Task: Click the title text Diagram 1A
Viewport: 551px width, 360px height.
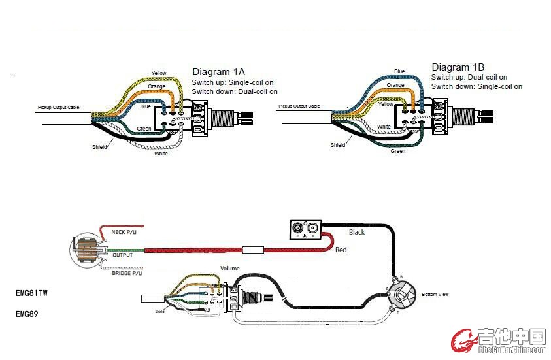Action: coord(218,71)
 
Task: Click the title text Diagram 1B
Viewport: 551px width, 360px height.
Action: coord(458,67)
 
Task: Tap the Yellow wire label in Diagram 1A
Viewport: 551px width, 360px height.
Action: coord(159,73)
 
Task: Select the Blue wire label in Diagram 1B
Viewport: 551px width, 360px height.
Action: coord(399,71)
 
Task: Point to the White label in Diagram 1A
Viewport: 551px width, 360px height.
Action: coord(161,154)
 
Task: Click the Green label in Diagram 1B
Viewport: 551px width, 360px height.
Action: coord(397,151)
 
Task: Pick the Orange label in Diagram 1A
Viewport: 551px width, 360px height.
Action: coord(157,86)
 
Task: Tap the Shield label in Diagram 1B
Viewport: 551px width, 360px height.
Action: coord(338,145)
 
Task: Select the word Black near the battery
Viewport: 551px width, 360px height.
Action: coord(357,232)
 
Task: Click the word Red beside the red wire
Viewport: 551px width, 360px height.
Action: coord(341,250)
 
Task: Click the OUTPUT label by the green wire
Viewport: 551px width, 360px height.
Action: coord(122,255)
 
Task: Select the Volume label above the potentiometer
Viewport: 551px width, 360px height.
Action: coord(229,269)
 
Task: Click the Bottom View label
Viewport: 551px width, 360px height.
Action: coord(435,295)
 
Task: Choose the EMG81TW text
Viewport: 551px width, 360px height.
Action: coord(31,294)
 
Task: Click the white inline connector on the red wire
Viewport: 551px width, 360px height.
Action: coord(252,250)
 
